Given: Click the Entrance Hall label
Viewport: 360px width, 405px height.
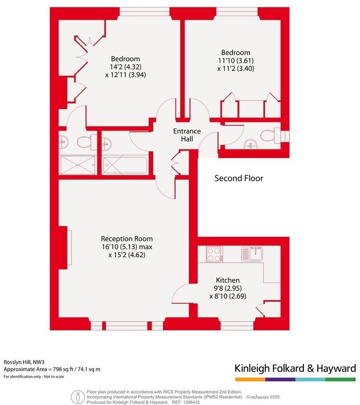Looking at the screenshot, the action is (x=187, y=135).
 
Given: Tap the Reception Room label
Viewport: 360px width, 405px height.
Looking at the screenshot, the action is (x=127, y=239).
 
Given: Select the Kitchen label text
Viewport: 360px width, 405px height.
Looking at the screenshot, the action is (x=228, y=280).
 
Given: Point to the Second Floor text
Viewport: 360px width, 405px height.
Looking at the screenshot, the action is (x=239, y=178).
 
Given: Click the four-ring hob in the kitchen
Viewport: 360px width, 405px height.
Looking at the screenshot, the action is (x=215, y=254).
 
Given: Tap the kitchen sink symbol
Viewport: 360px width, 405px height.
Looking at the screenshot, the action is (x=252, y=254).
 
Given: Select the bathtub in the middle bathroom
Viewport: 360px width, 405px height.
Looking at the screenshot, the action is (x=125, y=165).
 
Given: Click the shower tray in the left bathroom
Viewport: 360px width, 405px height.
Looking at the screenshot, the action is (x=78, y=165).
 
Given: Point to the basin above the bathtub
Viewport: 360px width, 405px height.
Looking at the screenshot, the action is (x=107, y=143).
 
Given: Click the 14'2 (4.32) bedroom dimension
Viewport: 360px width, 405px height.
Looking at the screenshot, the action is (x=125, y=67).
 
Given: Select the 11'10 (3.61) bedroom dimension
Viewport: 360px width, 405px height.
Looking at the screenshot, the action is (x=236, y=61).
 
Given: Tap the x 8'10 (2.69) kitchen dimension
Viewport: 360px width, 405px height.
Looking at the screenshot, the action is (x=228, y=296).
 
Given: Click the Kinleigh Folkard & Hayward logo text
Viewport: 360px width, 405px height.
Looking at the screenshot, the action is (x=295, y=368).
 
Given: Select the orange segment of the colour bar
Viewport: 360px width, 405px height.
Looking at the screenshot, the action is (x=250, y=379).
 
